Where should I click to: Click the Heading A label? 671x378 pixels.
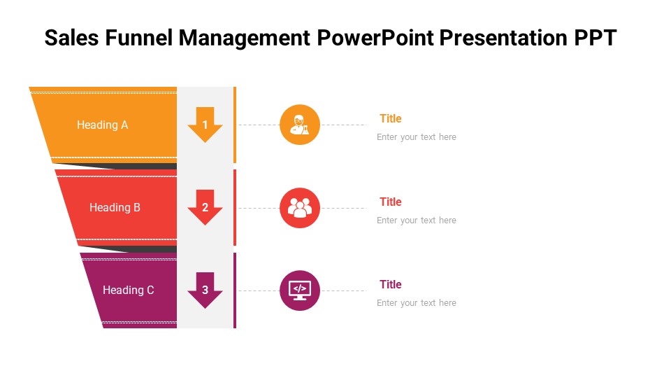pos(103,125)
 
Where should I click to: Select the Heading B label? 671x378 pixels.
pos(115,208)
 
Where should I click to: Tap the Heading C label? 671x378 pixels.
pos(129,290)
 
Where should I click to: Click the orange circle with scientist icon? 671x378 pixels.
pos(300,125)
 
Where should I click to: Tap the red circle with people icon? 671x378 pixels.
pos(300,208)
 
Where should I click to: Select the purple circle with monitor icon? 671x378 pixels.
pos(300,290)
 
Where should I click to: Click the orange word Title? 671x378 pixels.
pos(391,119)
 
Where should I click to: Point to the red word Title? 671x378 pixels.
pos(391,202)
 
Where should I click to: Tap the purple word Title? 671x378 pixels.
pos(391,285)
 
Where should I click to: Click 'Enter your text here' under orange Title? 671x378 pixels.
pos(417,137)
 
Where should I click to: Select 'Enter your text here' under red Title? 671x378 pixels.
pos(417,220)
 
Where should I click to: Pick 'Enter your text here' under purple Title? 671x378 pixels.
pos(417,303)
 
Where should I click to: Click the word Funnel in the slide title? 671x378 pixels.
pos(140,38)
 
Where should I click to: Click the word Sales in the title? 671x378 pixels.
pos(72,38)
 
